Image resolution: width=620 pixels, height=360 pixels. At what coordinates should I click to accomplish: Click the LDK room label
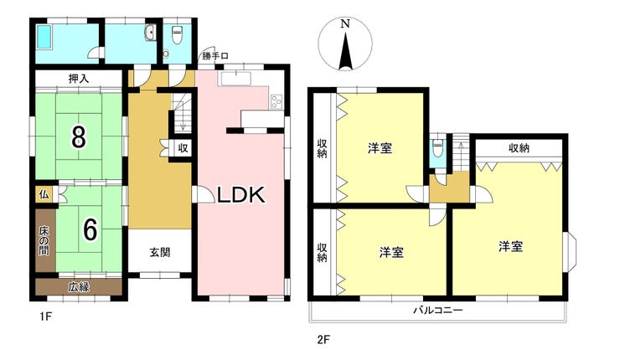coord(241,195)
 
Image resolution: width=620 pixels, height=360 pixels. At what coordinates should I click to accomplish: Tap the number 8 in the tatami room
coord(78,136)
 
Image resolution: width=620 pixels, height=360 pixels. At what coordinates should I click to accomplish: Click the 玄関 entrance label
coord(160,252)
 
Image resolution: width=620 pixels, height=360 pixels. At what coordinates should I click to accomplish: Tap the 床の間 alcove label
coord(44,239)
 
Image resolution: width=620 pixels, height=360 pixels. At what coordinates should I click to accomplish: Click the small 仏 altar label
coord(41,194)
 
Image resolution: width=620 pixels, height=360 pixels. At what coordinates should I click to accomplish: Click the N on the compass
coord(344,25)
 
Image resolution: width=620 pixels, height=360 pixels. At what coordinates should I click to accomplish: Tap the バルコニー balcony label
coord(437,311)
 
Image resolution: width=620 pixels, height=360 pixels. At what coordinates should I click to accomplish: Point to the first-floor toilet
coord(177,35)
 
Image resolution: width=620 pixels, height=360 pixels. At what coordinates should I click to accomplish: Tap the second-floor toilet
coord(438,150)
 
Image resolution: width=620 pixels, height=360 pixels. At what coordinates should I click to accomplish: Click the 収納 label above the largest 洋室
coord(518,148)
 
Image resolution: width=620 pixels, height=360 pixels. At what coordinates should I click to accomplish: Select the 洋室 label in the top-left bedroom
coord(380,148)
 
